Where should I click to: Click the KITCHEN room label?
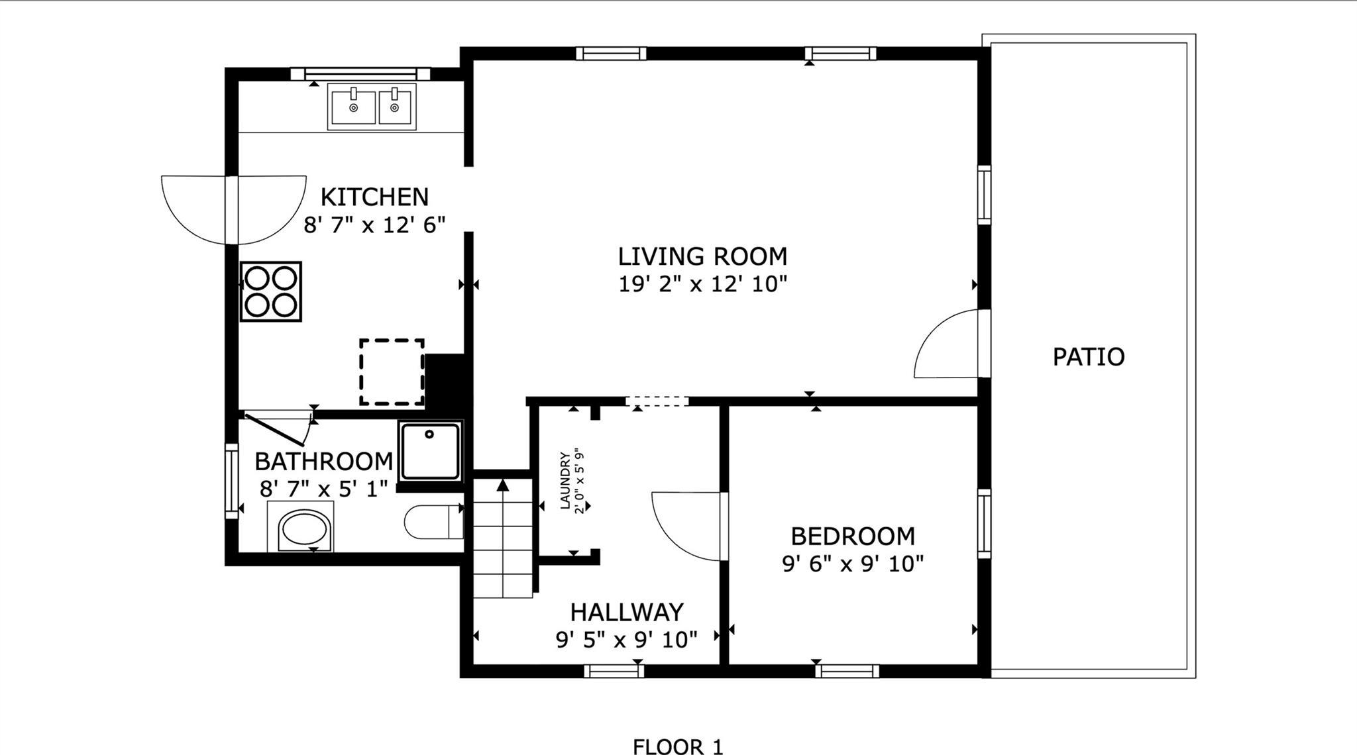pyautogui.click(x=374, y=197)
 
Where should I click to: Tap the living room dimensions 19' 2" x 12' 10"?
pyautogui.click(x=702, y=285)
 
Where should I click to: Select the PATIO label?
pyautogui.click(x=1088, y=357)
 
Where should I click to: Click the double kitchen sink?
pyautogui.click(x=372, y=107)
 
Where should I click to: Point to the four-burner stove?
pyautogui.click(x=271, y=292)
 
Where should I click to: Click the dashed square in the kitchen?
pyautogui.click(x=392, y=372)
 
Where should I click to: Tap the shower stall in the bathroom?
pyautogui.click(x=429, y=451)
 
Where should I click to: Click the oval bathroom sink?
pyautogui.click(x=303, y=529)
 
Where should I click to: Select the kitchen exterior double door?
pyautogui.click(x=233, y=210)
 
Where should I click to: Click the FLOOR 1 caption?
pyautogui.click(x=677, y=746)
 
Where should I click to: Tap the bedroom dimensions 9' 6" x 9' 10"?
pyautogui.click(x=853, y=564)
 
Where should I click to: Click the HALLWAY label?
pyautogui.click(x=626, y=612)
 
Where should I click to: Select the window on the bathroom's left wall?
pyautogui.click(x=231, y=481)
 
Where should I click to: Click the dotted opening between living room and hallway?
pyautogui.click(x=657, y=401)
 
